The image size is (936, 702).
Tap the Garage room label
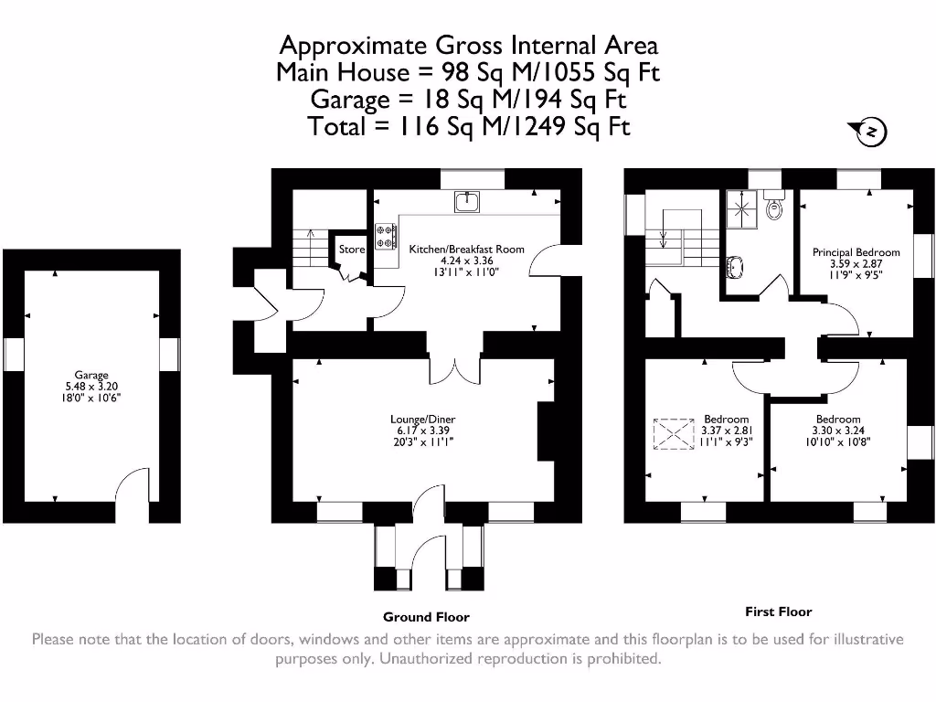(x=91, y=375)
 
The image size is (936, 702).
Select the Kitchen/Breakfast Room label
(x=466, y=249)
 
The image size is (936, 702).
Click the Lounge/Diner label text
(x=421, y=419)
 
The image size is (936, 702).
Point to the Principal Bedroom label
(x=856, y=252)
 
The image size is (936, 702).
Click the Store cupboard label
(x=351, y=249)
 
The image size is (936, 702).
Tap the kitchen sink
(x=467, y=199)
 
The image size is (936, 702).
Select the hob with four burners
(x=386, y=237)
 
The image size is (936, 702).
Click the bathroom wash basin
(x=734, y=267)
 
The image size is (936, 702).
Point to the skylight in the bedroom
(x=675, y=435)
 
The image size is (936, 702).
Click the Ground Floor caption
(x=426, y=617)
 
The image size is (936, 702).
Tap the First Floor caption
(x=778, y=612)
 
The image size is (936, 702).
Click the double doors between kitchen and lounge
(x=454, y=366)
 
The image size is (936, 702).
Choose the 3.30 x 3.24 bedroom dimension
(x=838, y=430)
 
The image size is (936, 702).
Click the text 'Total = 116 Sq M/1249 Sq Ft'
(x=468, y=126)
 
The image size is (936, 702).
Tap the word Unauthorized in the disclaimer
(x=429, y=658)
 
